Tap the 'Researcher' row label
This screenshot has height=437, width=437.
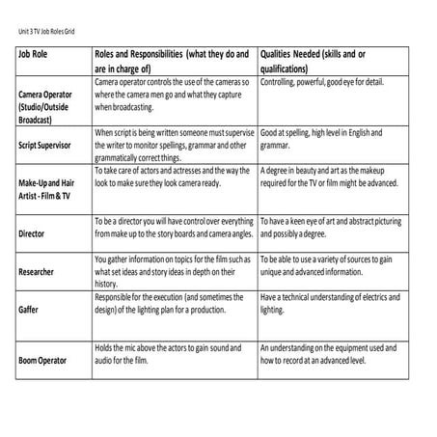[x=37, y=272]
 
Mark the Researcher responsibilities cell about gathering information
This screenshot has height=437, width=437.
[x=172, y=271]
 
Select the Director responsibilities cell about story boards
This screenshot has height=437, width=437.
[x=172, y=228]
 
